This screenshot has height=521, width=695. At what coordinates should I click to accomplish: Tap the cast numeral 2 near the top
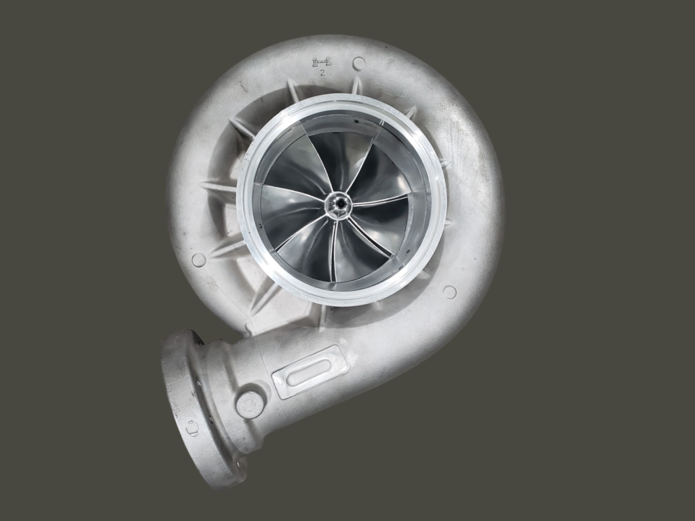tap(322, 72)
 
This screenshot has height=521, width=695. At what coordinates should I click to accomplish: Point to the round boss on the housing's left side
tap(199, 260)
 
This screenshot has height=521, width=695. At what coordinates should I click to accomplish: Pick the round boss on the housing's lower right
tap(449, 292)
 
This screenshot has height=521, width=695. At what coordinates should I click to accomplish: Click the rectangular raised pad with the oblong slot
tap(309, 371)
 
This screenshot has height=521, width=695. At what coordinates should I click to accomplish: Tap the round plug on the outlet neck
tap(250, 405)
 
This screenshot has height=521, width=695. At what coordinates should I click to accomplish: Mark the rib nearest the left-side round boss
tap(227, 249)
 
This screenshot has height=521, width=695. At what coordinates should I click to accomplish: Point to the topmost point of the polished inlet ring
tap(341, 95)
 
